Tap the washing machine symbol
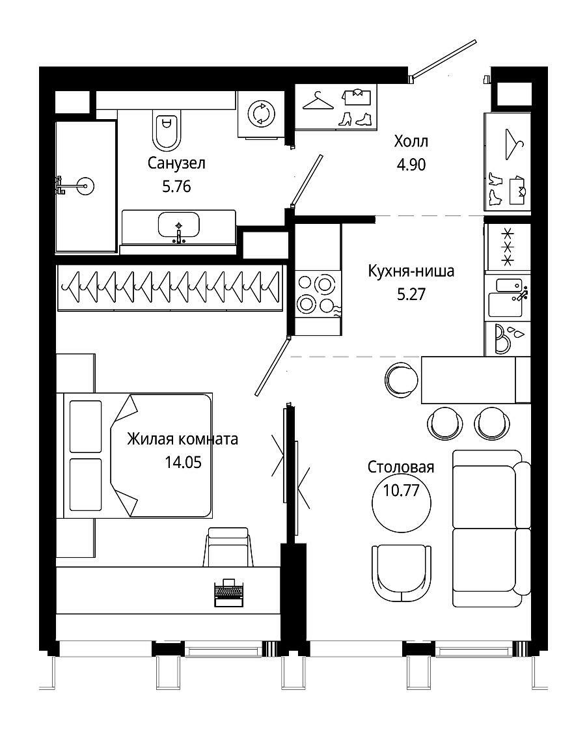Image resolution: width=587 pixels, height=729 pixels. tap(261, 114)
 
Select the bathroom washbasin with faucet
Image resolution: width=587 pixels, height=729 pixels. tap(179, 227)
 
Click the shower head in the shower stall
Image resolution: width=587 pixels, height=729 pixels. tap(75, 186)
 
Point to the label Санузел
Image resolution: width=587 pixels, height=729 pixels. tap(176, 163)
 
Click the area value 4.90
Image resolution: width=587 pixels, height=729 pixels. tap(411, 165)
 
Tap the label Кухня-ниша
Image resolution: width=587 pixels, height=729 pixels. tap(411, 271)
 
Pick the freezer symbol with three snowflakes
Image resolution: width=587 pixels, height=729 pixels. tap(508, 247)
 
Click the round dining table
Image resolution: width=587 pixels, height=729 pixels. tap(402, 502)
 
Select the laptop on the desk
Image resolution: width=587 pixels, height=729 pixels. tap(228, 592)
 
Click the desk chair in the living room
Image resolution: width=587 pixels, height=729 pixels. tap(228, 547)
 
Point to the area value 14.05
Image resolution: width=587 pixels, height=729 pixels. tap(183, 462)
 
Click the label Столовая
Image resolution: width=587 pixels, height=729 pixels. tap(401, 467)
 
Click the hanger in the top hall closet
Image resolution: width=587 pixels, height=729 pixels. tap(318, 100)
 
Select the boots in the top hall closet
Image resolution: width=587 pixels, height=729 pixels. tap(356, 119)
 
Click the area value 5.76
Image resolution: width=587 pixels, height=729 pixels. tap(176, 186)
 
